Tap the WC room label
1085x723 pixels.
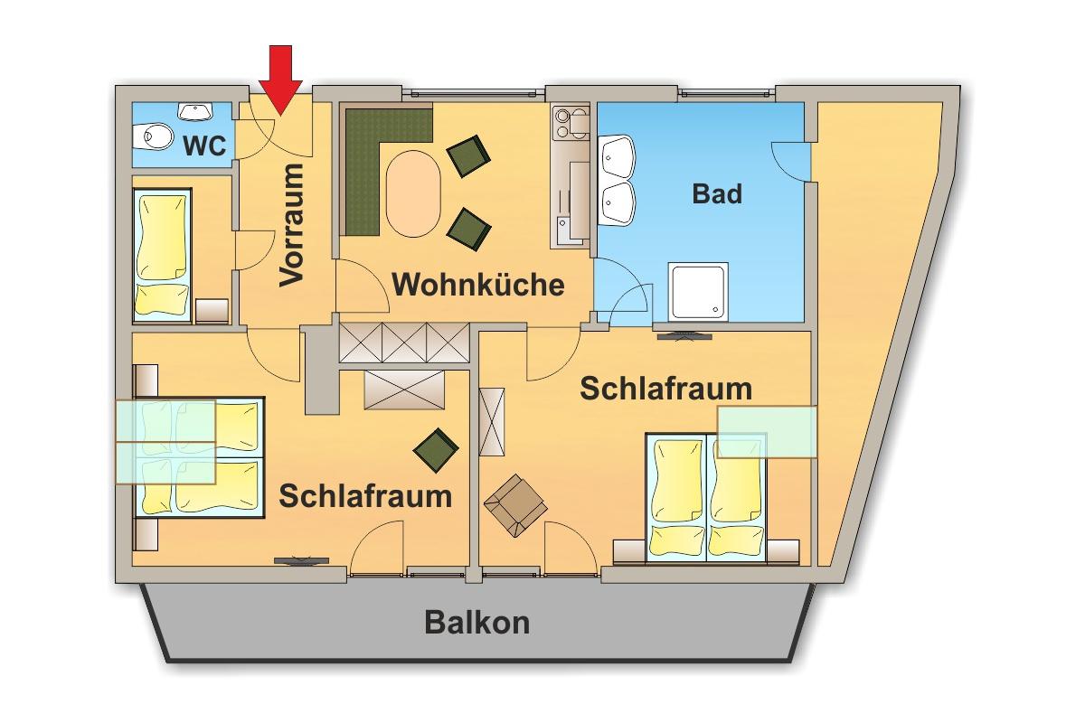tap(204, 146)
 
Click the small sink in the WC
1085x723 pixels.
tap(194, 111)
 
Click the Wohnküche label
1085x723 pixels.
tap(479, 286)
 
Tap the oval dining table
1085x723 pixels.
tap(414, 191)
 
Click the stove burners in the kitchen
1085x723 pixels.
tap(572, 122)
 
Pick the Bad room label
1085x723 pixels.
tap(717, 193)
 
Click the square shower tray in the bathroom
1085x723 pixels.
tap(697, 291)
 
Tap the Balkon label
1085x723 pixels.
tap(477, 623)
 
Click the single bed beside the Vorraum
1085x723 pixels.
tap(163, 255)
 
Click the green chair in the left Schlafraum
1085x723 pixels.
tap(437, 449)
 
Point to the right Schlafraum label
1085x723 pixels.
tap(665, 389)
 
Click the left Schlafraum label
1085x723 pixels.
tap(364, 495)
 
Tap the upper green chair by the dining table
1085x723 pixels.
tap(468, 155)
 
